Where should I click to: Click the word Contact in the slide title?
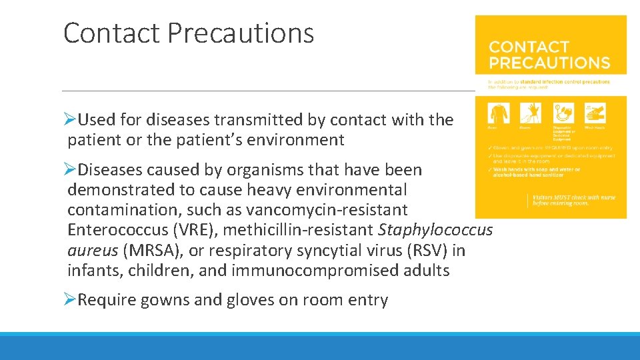point(111,33)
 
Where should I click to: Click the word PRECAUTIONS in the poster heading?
point(549,63)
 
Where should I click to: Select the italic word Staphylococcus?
point(435,230)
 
